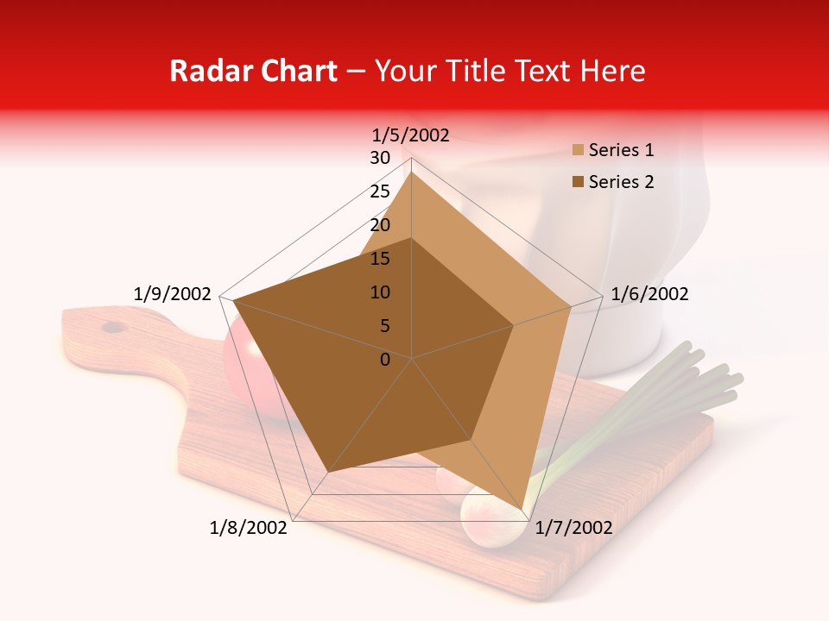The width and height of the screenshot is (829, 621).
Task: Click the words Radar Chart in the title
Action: (x=253, y=71)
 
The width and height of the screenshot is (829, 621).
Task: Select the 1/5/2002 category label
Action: (x=411, y=135)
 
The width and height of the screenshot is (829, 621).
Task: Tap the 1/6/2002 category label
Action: (x=649, y=294)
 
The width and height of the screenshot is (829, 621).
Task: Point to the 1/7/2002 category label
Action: (x=573, y=528)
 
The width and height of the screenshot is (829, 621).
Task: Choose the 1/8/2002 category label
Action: (x=249, y=528)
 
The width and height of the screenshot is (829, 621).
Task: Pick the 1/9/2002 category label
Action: (x=173, y=294)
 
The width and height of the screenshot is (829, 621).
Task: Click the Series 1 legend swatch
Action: (x=579, y=150)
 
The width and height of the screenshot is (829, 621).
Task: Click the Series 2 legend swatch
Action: (x=579, y=182)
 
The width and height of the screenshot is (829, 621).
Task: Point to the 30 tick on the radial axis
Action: (x=380, y=158)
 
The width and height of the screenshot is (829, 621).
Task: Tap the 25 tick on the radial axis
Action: (x=380, y=191)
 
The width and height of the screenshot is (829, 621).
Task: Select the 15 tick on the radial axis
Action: (x=380, y=259)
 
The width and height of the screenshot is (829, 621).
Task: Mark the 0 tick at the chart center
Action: (x=385, y=359)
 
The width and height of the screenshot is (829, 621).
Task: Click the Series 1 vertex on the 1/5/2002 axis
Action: (x=411, y=172)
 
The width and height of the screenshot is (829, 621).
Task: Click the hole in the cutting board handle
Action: (x=112, y=327)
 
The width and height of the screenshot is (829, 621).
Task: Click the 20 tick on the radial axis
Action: (x=380, y=225)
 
